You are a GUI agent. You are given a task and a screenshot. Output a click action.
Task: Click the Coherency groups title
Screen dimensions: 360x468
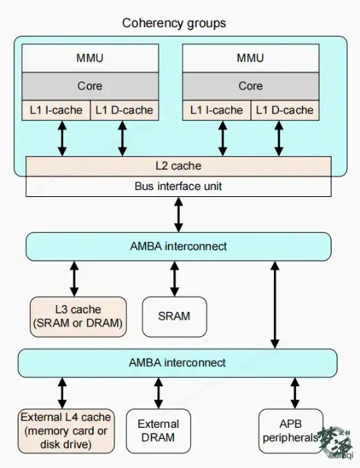tap(174, 24)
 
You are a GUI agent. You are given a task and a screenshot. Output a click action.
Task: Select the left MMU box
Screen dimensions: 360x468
tap(90, 58)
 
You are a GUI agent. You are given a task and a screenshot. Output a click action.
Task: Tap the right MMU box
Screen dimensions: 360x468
tap(250, 58)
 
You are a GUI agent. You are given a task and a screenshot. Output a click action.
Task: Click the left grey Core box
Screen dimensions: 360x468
tap(90, 86)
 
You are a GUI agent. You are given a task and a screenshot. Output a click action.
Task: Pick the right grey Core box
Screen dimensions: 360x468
tap(250, 86)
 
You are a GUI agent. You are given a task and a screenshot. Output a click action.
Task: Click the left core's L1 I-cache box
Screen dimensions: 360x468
tap(56, 110)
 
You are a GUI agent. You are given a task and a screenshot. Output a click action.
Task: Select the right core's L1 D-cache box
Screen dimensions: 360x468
tap(285, 110)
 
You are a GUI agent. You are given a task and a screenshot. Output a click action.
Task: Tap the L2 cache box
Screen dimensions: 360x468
tap(178, 166)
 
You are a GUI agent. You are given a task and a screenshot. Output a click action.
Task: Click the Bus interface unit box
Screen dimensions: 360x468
tap(178, 187)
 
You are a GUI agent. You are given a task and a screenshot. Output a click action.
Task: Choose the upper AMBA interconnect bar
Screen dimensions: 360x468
tap(178, 247)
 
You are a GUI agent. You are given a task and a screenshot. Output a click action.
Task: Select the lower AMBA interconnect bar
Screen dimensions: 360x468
tap(178, 363)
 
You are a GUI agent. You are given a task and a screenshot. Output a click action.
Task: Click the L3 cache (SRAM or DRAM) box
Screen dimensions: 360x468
tap(78, 317)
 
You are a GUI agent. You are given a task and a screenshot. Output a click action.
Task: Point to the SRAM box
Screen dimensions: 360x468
tap(174, 317)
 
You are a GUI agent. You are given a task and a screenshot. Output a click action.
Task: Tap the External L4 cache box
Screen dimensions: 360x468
tap(66, 431)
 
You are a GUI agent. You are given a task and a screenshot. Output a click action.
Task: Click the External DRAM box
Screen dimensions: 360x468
tap(158, 431)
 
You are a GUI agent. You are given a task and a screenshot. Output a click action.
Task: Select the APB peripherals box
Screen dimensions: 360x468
tap(291, 431)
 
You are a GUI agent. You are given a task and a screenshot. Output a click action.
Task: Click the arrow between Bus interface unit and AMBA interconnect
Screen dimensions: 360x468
tap(178, 214)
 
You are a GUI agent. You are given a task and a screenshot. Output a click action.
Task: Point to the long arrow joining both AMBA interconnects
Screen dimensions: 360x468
tap(275, 305)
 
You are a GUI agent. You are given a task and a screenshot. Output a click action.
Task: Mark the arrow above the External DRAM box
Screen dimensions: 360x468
tap(159, 393)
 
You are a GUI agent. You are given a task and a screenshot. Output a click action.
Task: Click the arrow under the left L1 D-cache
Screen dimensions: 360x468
tap(122, 138)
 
